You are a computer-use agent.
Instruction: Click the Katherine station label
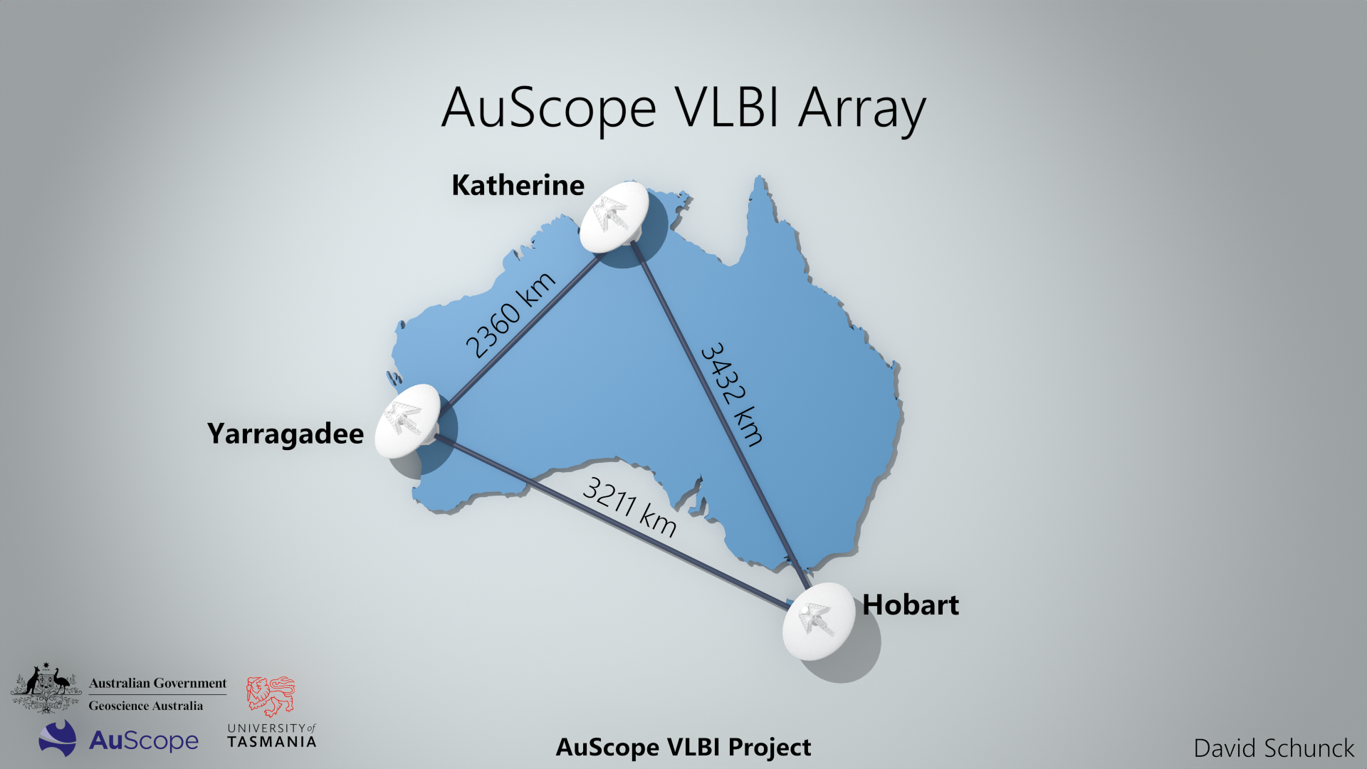518,185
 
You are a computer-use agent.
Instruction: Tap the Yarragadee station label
285,434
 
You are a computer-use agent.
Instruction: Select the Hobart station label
910,605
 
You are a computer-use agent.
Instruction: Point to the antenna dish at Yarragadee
408,420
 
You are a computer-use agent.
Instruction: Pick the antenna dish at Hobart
818,620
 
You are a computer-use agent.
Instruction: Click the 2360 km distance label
510,315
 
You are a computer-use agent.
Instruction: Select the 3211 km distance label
629,506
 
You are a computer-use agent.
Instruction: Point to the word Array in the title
861,110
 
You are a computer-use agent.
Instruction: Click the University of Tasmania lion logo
271,696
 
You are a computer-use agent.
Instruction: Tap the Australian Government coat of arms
46,688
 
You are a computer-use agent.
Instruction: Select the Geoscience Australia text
146,706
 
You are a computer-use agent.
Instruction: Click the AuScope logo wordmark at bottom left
144,741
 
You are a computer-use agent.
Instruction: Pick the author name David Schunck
1274,748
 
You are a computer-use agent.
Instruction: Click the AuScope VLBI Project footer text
683,748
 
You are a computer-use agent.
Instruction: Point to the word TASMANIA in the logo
271,742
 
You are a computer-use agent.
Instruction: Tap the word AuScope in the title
548,108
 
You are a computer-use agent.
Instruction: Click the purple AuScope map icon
58,738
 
